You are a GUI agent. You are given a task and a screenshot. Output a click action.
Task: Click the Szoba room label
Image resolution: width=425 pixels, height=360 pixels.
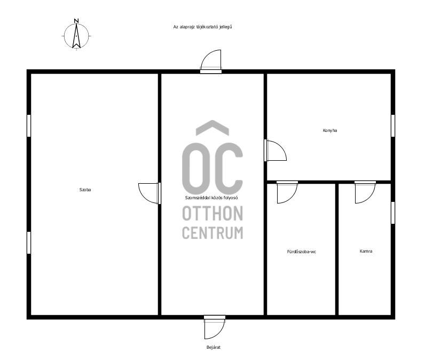tap(85, 190)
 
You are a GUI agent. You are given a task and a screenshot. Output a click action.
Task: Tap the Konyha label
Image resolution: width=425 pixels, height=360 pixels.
tap(330, 130)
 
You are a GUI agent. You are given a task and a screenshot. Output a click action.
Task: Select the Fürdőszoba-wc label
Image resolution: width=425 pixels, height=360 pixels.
tap(302, 252)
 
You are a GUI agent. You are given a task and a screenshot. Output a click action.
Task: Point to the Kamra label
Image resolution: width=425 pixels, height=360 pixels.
tap(366, 251)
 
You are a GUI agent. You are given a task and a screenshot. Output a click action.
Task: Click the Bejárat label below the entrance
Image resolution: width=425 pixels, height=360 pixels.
tap(214, 347)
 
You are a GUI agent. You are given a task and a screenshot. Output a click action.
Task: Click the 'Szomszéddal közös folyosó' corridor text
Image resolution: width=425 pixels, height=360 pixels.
tap(211, 198)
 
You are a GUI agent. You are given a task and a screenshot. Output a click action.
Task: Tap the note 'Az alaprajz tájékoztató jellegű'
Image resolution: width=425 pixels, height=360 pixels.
tap(202, 27)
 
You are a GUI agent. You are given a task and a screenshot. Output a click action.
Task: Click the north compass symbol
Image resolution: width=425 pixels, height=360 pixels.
tap(76, 36)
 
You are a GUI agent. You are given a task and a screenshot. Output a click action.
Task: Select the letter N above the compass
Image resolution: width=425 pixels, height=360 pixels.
tap(76, 21)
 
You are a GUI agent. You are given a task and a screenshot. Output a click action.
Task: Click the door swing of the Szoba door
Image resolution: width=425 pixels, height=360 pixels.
tap(144, 197)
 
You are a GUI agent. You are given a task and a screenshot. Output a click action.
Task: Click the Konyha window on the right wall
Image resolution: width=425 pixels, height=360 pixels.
tap(393, 126)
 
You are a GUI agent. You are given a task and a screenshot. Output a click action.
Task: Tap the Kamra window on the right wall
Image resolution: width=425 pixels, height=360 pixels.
tap(393, 213)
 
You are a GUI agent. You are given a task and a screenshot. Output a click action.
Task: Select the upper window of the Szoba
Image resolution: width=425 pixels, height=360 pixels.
tap(29, 126)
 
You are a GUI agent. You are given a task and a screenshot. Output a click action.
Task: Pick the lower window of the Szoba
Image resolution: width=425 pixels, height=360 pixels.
tap(29, 242)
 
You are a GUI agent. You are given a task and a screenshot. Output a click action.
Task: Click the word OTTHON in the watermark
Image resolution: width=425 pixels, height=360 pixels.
tap(212, 213)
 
